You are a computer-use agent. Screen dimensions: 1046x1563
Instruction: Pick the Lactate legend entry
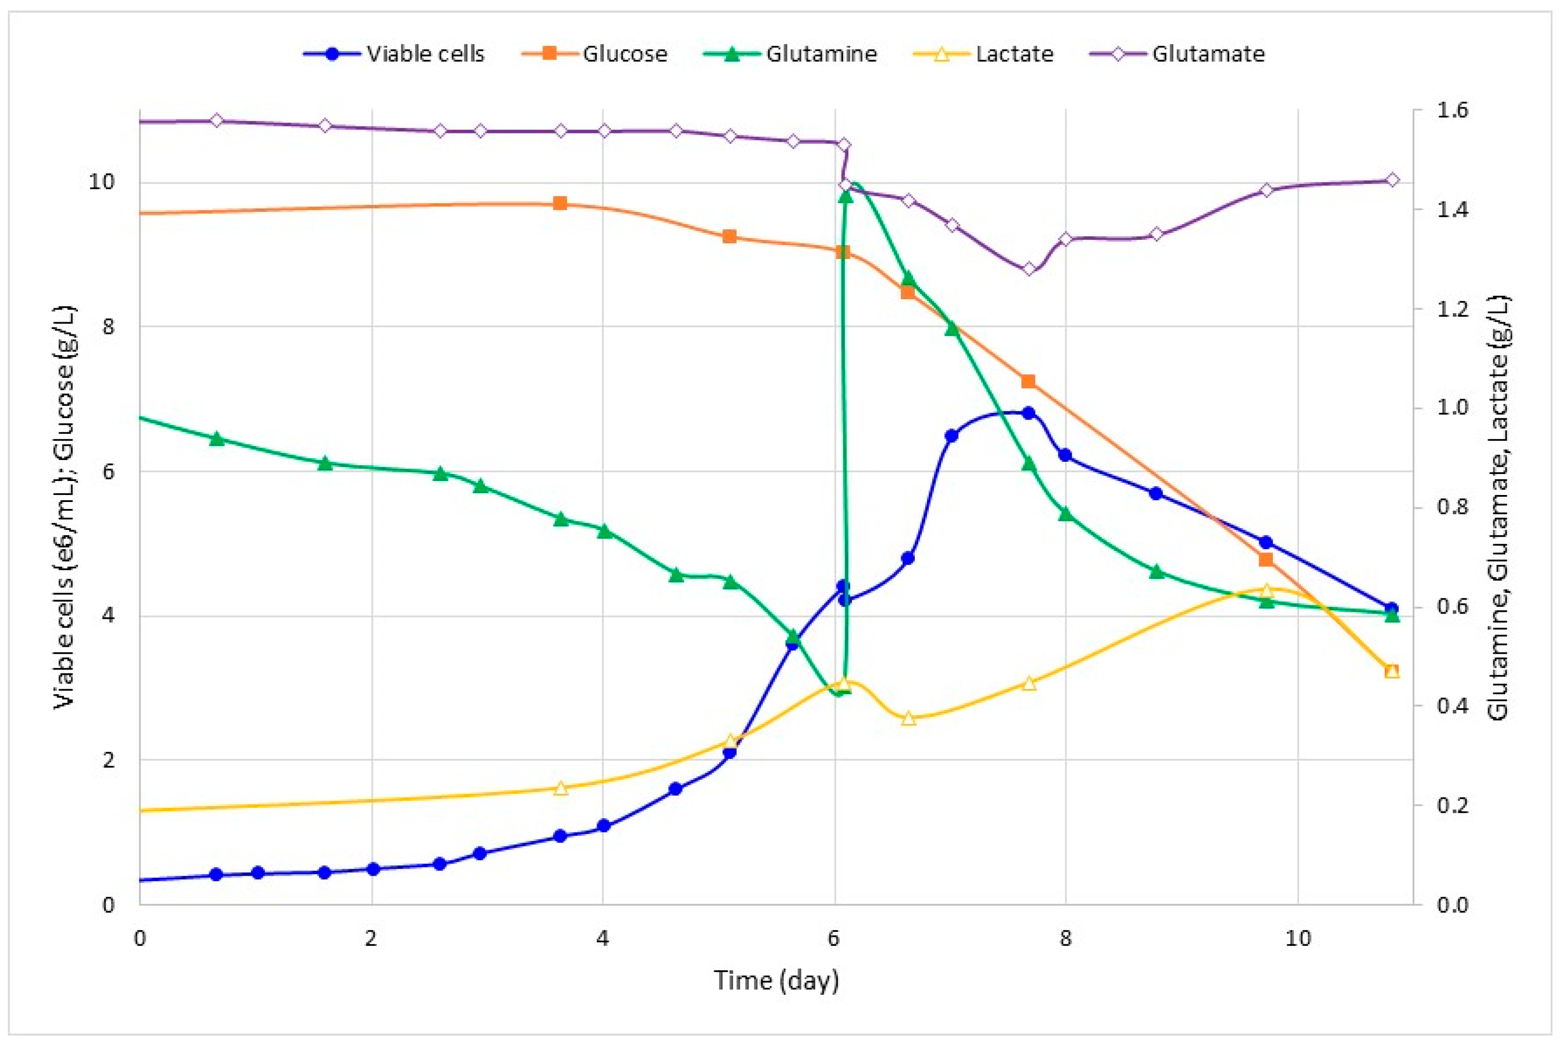click(x=984, y=54)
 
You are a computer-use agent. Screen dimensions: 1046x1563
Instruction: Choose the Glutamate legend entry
click(x=1177, y=54)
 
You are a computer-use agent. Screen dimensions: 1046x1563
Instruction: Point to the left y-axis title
click(x=65, y=507)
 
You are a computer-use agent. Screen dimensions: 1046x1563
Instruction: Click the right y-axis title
click(x=1498, y=507)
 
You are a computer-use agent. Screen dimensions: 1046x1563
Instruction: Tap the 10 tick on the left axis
click(x=102, y=182)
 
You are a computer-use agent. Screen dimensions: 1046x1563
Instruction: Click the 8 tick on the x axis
click(x=1065, y=939)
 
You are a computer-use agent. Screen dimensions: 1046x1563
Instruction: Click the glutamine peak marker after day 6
click(x=846, y=196)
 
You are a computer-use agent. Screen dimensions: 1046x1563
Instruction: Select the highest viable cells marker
click(x=1029, y=414)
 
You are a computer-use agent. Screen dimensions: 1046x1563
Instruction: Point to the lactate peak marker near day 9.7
click(x=1267, y=590)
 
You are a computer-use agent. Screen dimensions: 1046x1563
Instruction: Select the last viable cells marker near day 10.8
click(x=1391, y=608)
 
